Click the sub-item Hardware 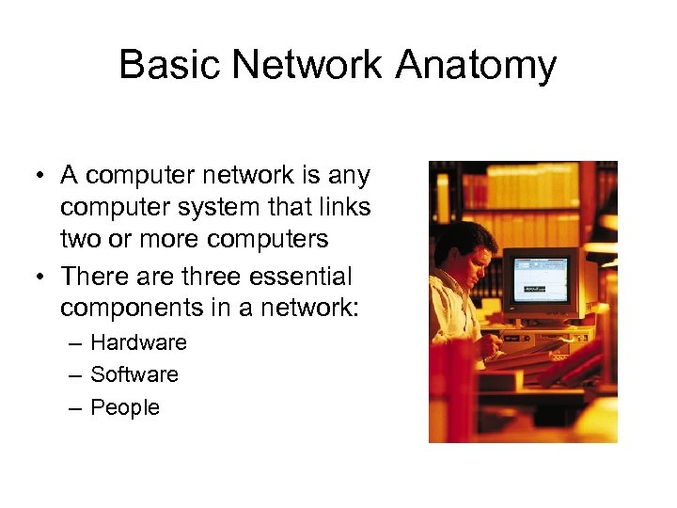[x=138, y=342]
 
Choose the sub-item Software [x=134, y=374]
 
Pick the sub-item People [x=125, y=407]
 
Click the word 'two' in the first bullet [x=80, y=239]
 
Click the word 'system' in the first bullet [x=214, y=206]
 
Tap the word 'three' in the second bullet [x=198, y=278]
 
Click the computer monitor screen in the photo [x=540, y=282]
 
